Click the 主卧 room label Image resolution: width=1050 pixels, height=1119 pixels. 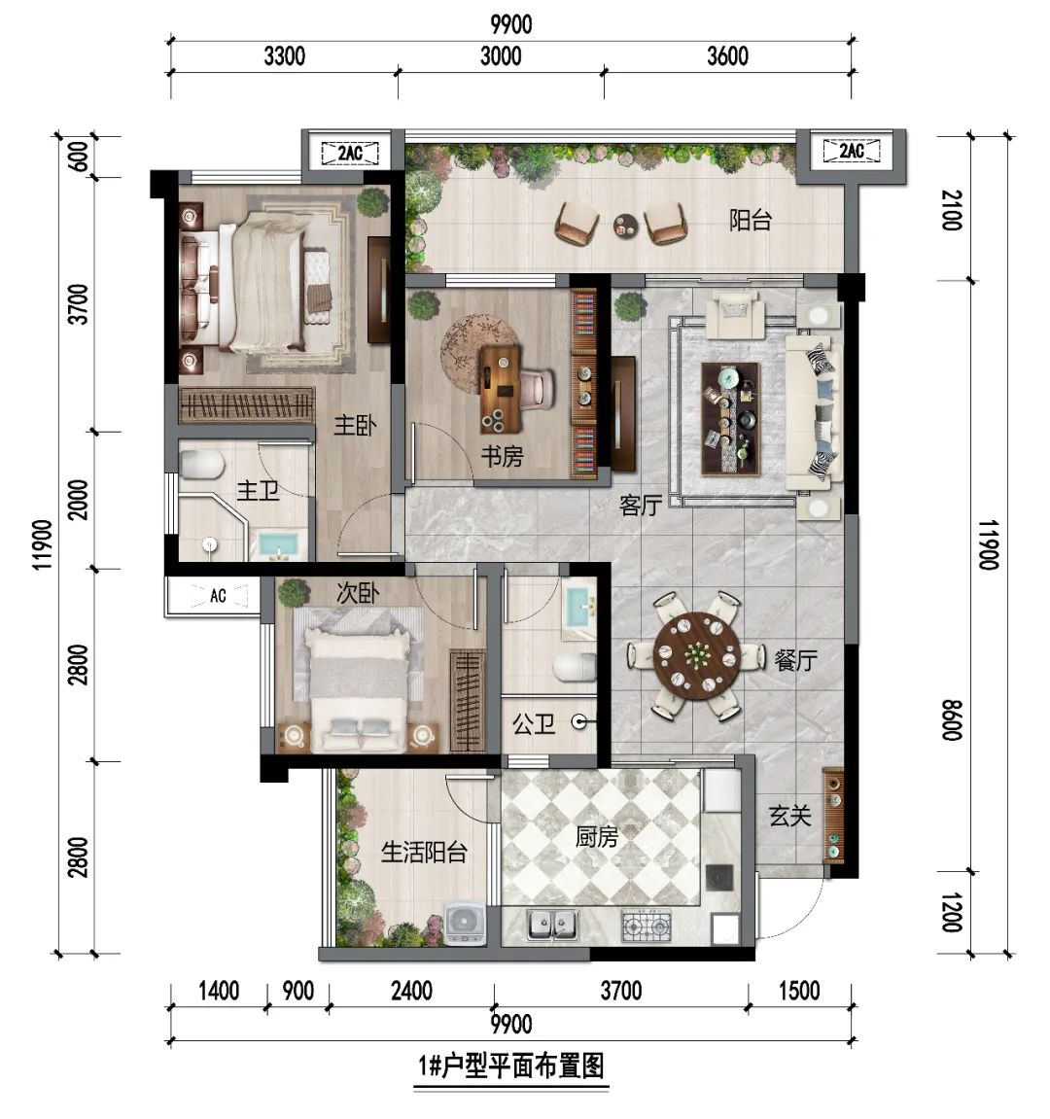pyautogui.click(x=355, y=426)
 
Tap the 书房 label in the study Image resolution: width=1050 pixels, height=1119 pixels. pyautogui.click(x=502, y=456)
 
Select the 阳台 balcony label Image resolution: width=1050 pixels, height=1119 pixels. pyautogui.click(x=751, y=220)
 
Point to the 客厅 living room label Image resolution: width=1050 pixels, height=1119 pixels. pyautogui.click(x=641, y=506)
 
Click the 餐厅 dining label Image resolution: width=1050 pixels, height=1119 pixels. pyautogui.click(x=796, y=660)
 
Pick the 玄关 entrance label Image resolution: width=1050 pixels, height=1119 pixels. pyautogui.click(x=790, y=816)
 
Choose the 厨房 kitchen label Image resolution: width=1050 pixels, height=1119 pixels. pyautogui.click(x=597, y=836)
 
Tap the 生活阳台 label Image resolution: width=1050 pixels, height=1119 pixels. pyautogui.click(x=424, y=852)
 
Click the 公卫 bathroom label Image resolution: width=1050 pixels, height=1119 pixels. pyautogui.click(x=533, y=724)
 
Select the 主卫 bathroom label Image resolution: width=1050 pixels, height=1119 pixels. pyautogui.click(x=258, y=490)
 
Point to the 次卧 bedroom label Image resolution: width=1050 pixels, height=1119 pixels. pyautogui.click(x=358, y=592)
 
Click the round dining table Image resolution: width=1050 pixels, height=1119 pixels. pyautogui.click(x=696, y=653)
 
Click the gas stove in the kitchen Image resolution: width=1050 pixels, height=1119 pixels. pyautogui.click(x=647, y=925)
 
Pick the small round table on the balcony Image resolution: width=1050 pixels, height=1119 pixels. pyautogui.click(x=626, y=227)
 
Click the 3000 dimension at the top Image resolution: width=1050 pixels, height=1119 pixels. pyautogui.click(x=501, y=56)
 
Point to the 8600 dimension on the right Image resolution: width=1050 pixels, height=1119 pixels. pyautogui.click(x=952, y=720)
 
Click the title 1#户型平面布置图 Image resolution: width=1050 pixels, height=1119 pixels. pyautogui.click(x=511, y=1067)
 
